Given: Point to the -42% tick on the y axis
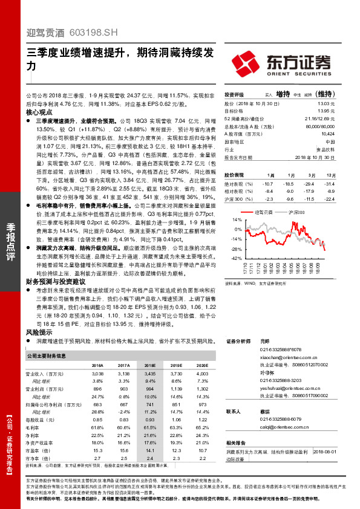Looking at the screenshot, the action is tap(235, 258).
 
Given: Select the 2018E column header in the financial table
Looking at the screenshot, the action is tap(149, 366).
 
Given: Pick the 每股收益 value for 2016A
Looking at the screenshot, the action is tap(97, 420).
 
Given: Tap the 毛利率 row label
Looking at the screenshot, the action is tap(34, 427).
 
